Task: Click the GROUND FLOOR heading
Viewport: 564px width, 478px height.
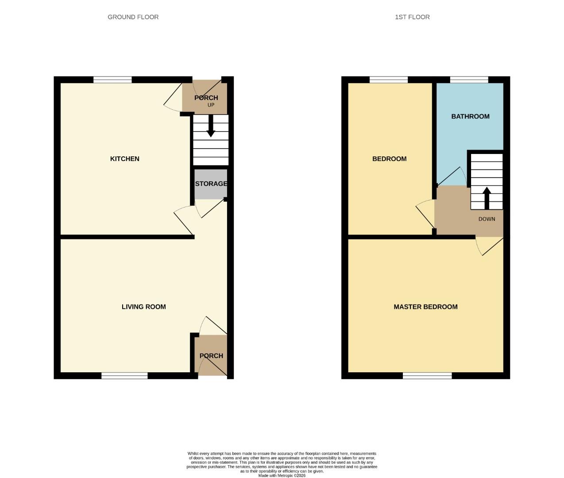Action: click(133, 17)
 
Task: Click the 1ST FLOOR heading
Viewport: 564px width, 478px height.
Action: click(412, 17)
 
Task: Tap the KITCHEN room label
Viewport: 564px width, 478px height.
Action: click(124, 159)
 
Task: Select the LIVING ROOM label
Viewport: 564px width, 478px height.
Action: click(143, 307)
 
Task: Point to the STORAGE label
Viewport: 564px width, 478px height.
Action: click(211, 184)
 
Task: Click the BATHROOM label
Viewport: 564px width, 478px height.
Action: click(470, 116)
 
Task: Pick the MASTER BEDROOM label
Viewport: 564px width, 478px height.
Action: click(425, 307)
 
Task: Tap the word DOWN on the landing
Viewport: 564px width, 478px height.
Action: click(487, 219)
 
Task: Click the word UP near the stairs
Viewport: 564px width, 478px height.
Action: click(211, 105)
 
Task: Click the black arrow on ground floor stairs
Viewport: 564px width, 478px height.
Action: click(211, 126)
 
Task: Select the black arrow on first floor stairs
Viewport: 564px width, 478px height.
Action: click(487, 197)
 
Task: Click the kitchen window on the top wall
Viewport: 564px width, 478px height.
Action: click(112, 80)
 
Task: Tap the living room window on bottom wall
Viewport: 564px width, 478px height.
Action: click(124, 376)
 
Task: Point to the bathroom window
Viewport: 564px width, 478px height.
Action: click(469, 80)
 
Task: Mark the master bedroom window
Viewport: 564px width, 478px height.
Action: click(427, 376)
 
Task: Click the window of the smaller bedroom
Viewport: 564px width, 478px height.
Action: click(388, 80)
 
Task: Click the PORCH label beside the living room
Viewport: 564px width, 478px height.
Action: click(211, 356)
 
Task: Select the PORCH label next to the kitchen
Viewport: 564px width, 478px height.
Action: click(206, 98)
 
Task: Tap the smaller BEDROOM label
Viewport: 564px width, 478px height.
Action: click(389, 159)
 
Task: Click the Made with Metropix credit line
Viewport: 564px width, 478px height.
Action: click(282, 476)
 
